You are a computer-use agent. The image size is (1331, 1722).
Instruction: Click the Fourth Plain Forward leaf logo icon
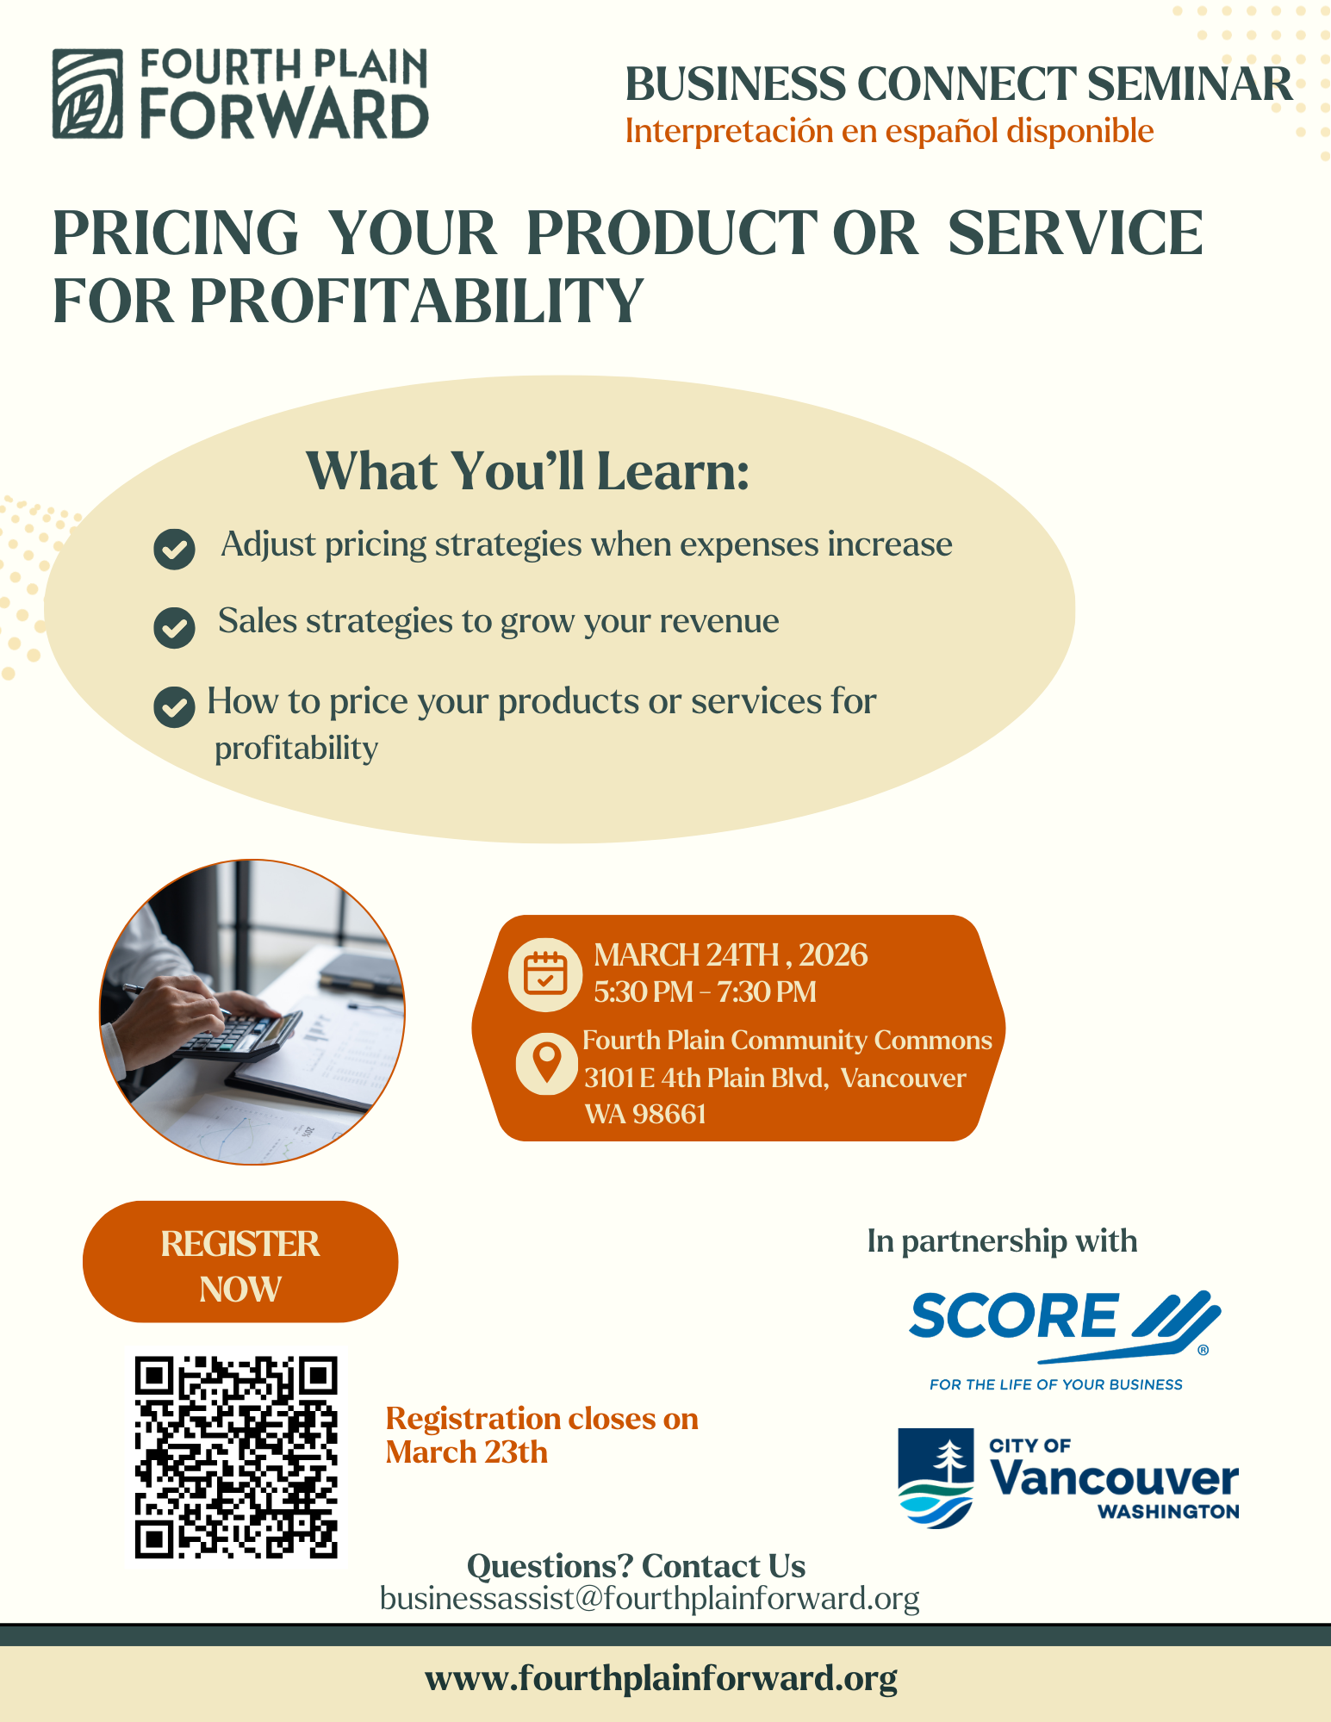(x=87, y=94)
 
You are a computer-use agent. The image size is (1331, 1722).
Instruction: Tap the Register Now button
(x=240, y=1262)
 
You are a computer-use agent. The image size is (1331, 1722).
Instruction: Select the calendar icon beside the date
(x=545, y=974)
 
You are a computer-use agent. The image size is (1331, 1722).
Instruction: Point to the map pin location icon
(x=546, y=1063)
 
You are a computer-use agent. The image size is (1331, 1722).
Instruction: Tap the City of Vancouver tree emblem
(x=936, y=1478)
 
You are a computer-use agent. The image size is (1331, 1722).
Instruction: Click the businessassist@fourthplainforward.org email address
(x=650, y=1599)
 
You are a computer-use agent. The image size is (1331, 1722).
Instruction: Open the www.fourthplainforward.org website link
(x=661, y=1678)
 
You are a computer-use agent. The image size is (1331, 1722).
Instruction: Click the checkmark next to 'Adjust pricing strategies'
(x=174, y=549)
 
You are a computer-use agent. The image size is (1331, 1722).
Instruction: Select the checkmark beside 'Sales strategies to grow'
(x=174, y=627)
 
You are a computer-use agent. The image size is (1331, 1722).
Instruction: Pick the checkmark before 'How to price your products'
(x=174, y=707)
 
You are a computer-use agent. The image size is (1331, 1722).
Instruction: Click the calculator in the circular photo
(x=236, y=1035)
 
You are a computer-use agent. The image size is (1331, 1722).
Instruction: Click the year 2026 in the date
(x=832, y=955)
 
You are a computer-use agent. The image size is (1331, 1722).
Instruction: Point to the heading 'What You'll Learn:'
(x=527, y=471)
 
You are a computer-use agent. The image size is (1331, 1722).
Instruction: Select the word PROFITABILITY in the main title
(x=417, y=302)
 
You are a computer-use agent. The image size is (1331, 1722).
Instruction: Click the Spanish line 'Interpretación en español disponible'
(x=889, y=132)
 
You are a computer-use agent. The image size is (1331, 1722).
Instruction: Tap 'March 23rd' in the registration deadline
(x=466, y=1452)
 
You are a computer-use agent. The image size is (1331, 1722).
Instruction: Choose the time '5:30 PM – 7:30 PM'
(x=705, y=992)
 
